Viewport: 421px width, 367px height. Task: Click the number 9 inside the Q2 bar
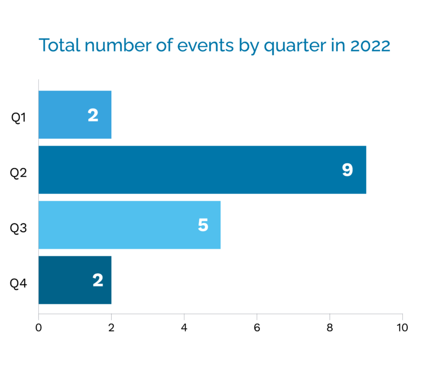(347, 170)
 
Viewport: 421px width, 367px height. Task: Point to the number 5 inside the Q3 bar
(203, 225)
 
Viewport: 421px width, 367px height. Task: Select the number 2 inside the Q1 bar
(93, 114)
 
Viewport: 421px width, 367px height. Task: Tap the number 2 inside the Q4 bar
(98, 280)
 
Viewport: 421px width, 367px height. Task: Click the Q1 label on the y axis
(19, 117)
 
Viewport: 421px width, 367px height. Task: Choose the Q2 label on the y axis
(19, 173)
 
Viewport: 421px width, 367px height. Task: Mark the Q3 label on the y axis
(19, 228)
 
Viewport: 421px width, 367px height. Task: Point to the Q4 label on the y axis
(19, 284)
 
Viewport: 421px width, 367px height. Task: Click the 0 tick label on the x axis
(38, 328)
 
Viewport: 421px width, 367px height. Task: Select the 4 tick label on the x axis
(184, 328)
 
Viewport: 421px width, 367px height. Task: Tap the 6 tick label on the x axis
(257, 328)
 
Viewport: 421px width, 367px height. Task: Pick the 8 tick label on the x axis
(329, 328)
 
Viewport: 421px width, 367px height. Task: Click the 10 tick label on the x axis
(402, 328)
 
